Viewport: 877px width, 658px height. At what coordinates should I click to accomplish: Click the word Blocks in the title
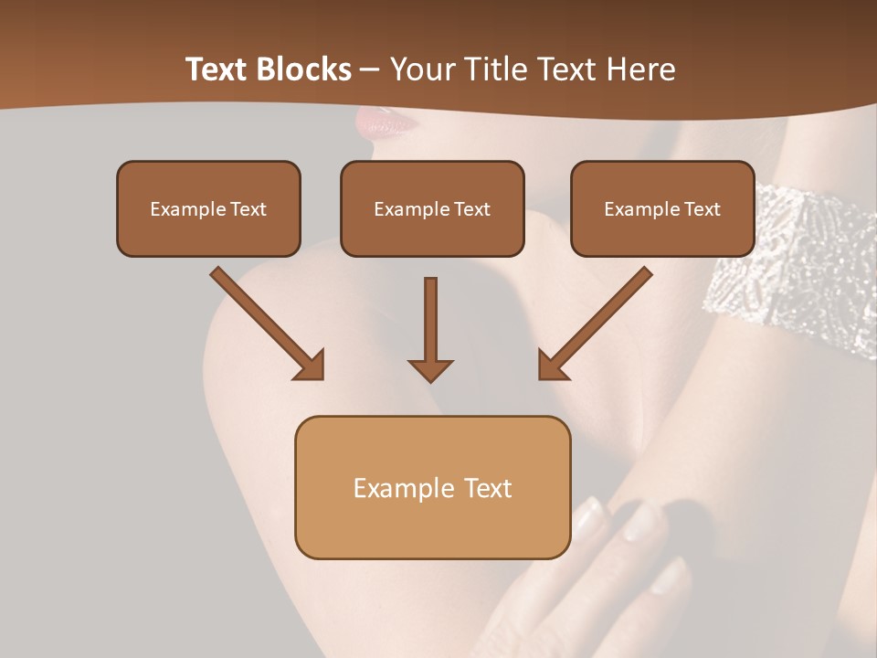click(302, 69)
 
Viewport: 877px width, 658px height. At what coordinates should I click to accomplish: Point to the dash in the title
click(370, 70)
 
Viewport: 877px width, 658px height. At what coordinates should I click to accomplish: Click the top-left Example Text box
click(208, 208)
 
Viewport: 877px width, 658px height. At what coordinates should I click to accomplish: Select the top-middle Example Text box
click(432, 208)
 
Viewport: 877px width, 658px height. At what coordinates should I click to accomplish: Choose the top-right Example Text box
click(662, 208)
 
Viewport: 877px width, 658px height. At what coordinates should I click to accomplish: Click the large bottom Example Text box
click(432, 487)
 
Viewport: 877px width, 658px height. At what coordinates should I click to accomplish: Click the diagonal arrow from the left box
click(265, 321)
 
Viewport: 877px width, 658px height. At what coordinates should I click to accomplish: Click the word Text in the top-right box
click(703, 208)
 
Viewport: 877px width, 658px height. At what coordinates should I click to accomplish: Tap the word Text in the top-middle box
click(471, 208)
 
